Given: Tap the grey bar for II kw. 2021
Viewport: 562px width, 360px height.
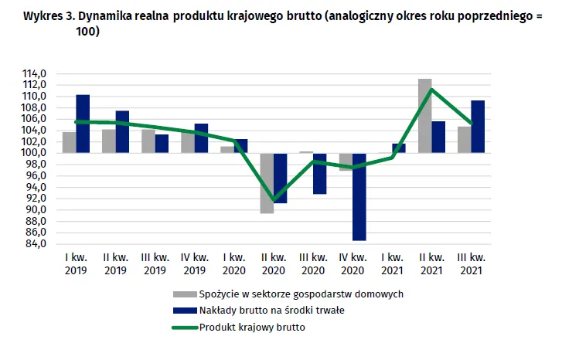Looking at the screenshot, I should tap(424, 116).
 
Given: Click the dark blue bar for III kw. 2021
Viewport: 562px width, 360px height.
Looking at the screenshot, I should tap(479, 127).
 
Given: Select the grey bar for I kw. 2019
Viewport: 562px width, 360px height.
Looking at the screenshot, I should tap(70, 143).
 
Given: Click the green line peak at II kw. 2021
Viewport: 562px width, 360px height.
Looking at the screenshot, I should tap(431, 89).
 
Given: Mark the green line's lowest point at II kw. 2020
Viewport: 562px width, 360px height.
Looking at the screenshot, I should tap(274, 200).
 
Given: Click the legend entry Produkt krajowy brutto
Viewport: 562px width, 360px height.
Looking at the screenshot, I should tap(252, 327).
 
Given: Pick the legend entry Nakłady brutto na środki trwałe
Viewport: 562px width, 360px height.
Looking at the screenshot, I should tap(271, 311).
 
